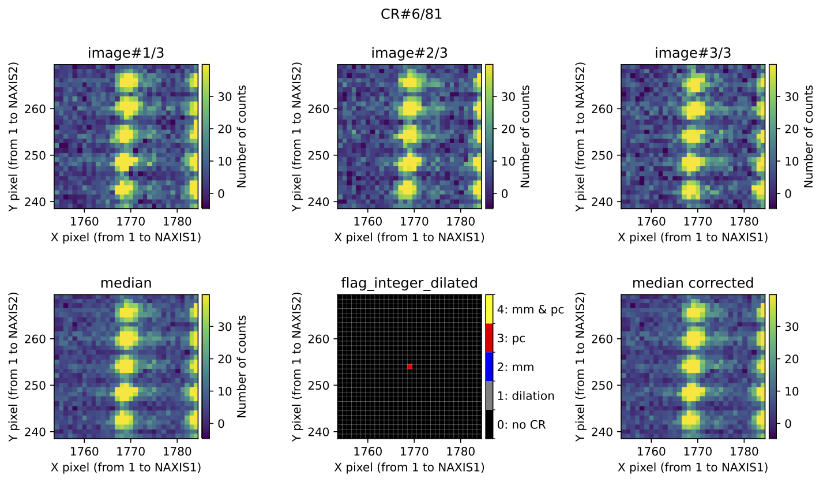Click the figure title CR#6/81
click(411, 15)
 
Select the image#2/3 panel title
click(409, 53)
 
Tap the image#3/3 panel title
click(693, 53)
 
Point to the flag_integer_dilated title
click(409, 283)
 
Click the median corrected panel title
click(693, 283)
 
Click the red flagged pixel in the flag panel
click(409, 367)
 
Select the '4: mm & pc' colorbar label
click(531, 309)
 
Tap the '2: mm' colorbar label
click(515, 367)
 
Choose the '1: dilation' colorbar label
click(525, 396)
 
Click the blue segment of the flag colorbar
click(490, 367)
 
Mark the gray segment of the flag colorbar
click(490, 395)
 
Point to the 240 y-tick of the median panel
click(41, 431)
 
